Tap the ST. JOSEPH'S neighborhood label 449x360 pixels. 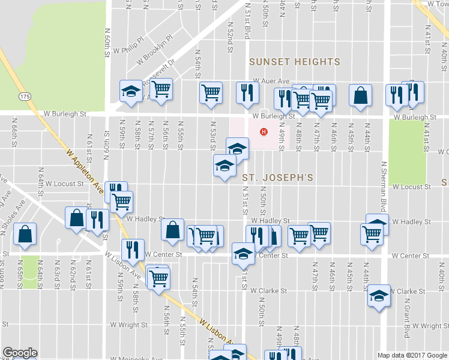(278, 178)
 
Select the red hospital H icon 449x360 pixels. (262, 132)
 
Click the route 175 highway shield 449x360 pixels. (25, 97)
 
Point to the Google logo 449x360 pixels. (20, 353)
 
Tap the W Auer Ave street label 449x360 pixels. (271, 80)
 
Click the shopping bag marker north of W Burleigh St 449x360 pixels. (360, 95)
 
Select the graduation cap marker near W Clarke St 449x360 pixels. (379, 295)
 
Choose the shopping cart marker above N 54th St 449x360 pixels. (211, 94)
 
